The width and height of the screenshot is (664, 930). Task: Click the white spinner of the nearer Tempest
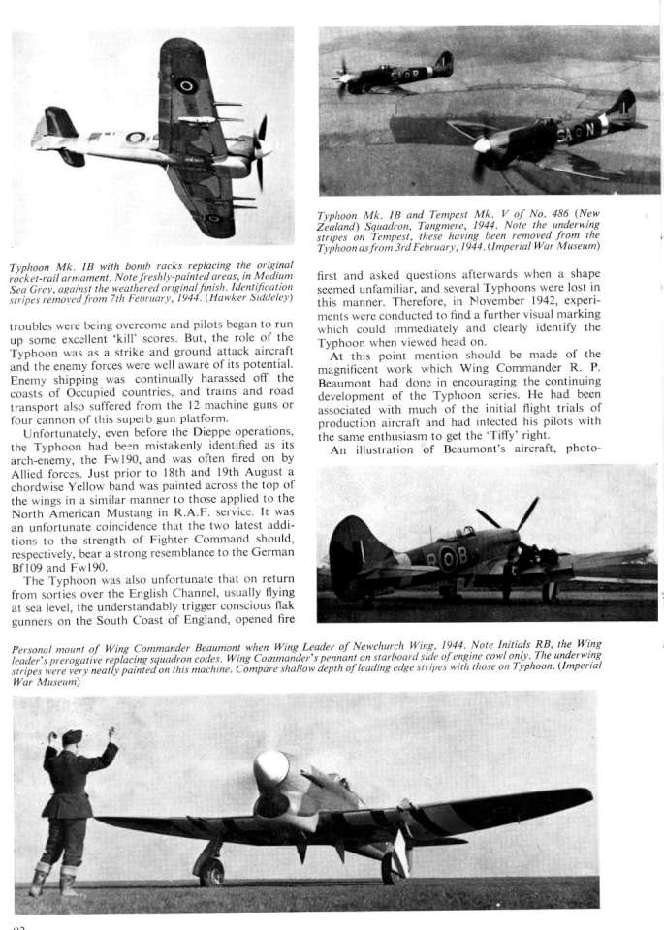click(x=482, y=144)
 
